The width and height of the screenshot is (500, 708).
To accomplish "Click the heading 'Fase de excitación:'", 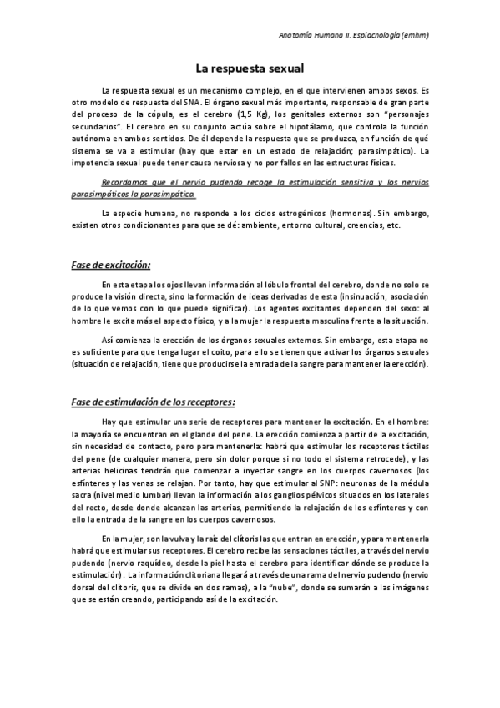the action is tap(110, 265).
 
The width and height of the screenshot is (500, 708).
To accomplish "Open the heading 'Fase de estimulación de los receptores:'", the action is tap(159, 401).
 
